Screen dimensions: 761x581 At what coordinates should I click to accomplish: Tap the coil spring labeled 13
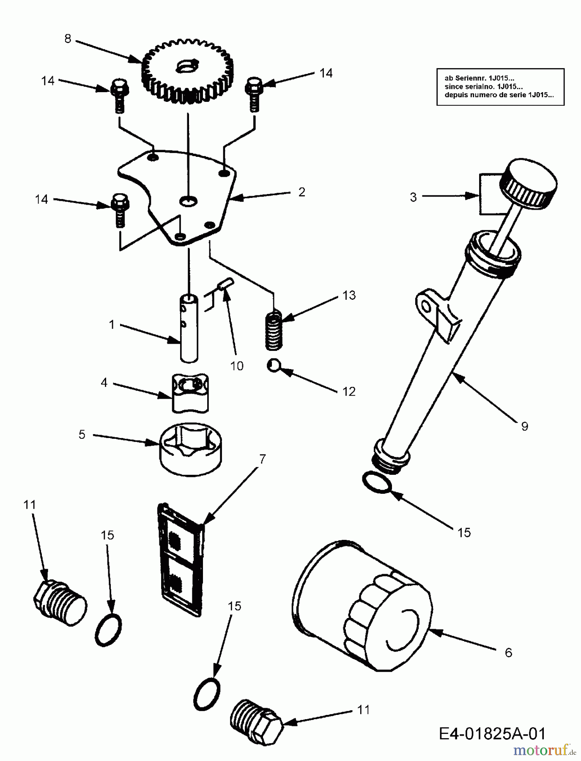point(274,330)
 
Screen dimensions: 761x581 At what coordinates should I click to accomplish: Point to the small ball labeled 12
point(273,365)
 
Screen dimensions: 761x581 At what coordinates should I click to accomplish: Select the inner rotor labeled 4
point(190,393)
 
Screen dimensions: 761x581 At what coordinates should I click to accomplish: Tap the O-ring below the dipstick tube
point(377,482)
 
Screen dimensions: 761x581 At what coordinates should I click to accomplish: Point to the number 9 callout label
point(524,426)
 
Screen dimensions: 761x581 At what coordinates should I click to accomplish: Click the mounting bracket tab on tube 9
point(427,302)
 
